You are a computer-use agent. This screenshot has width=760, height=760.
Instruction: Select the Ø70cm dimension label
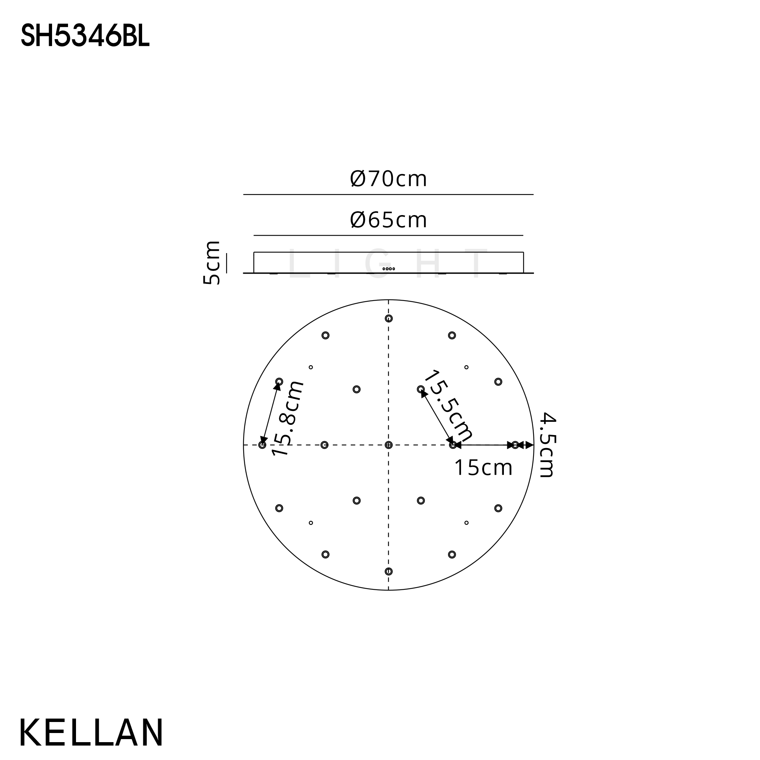(388, 179)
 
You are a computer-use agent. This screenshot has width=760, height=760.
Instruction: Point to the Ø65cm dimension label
(388, 220)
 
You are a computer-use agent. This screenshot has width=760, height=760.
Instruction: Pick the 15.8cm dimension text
(288, 418)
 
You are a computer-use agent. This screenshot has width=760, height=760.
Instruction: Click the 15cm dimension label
(483, 468)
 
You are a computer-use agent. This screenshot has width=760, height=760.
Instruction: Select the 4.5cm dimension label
(546, 445)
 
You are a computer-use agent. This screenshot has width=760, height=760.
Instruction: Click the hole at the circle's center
(389, 445)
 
